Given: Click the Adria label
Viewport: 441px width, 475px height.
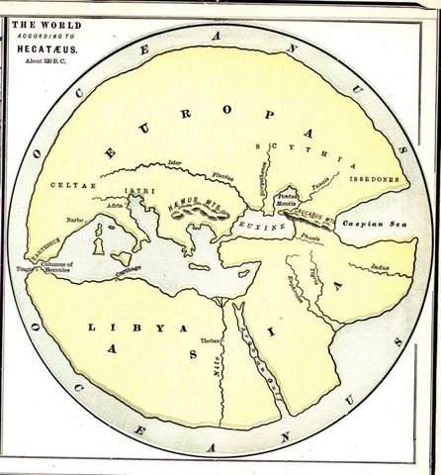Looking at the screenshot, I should (x=117, y=205).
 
